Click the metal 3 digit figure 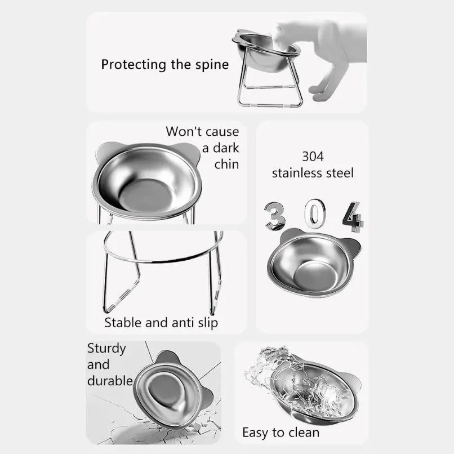pos(275,216)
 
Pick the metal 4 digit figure pos(353,216)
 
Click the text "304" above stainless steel pos(313,156)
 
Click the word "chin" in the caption pos(226,164)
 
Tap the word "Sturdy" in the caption pos(106,348)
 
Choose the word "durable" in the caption pos(110,381)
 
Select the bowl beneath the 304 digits pos(313,262)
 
